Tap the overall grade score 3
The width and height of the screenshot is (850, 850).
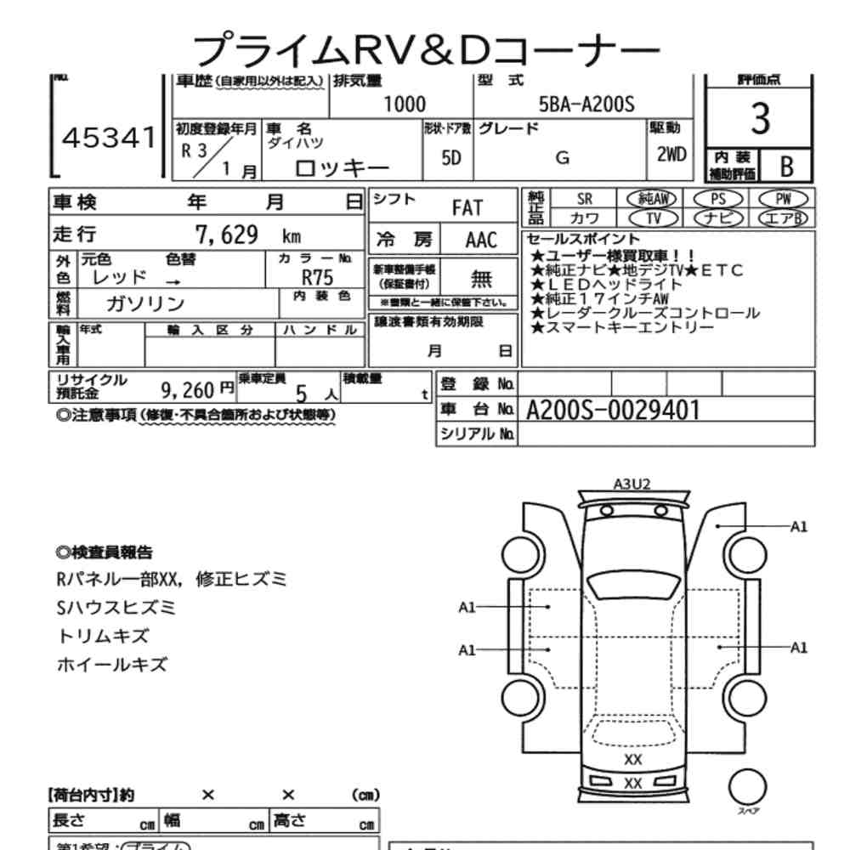click(760, 122)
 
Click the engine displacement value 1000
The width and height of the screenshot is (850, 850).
click(405, 105)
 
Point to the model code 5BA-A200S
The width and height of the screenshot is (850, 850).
click(586, 105)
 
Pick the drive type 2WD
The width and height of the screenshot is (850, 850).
click(670, 156)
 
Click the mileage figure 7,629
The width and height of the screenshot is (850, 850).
click(227, 235)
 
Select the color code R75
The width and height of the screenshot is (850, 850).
click(318, 277)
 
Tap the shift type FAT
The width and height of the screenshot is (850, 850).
click(467, 208)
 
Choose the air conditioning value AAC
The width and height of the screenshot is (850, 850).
click(481, 240)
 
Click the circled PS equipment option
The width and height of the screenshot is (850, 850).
click(719, 198)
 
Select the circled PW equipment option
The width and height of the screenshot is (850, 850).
click(782, 198)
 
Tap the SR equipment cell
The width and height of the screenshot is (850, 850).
click(585, 198)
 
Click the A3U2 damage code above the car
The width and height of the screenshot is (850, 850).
click(632, 484)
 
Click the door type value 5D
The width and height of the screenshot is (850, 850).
click(451, 159)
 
